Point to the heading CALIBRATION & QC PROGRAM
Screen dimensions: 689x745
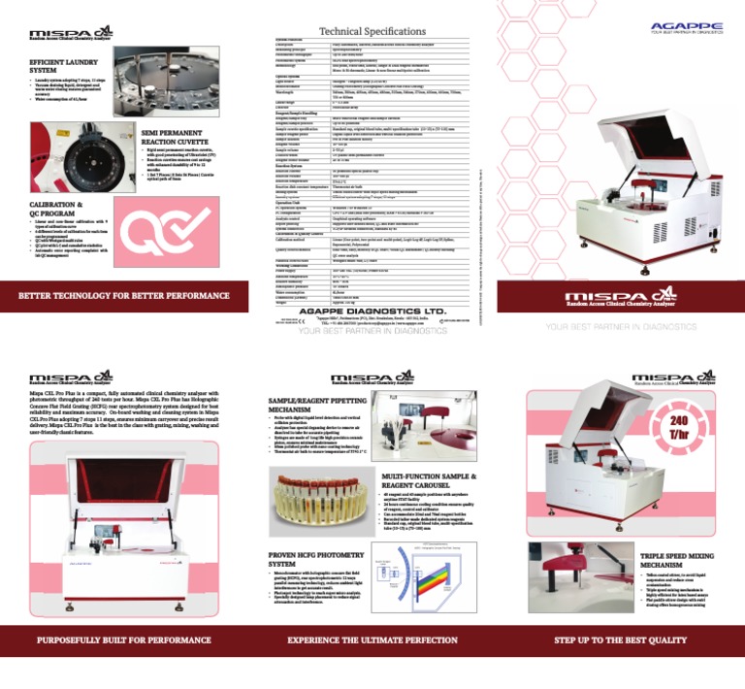point(44,208)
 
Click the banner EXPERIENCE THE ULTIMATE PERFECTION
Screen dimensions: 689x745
point(372,640)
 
